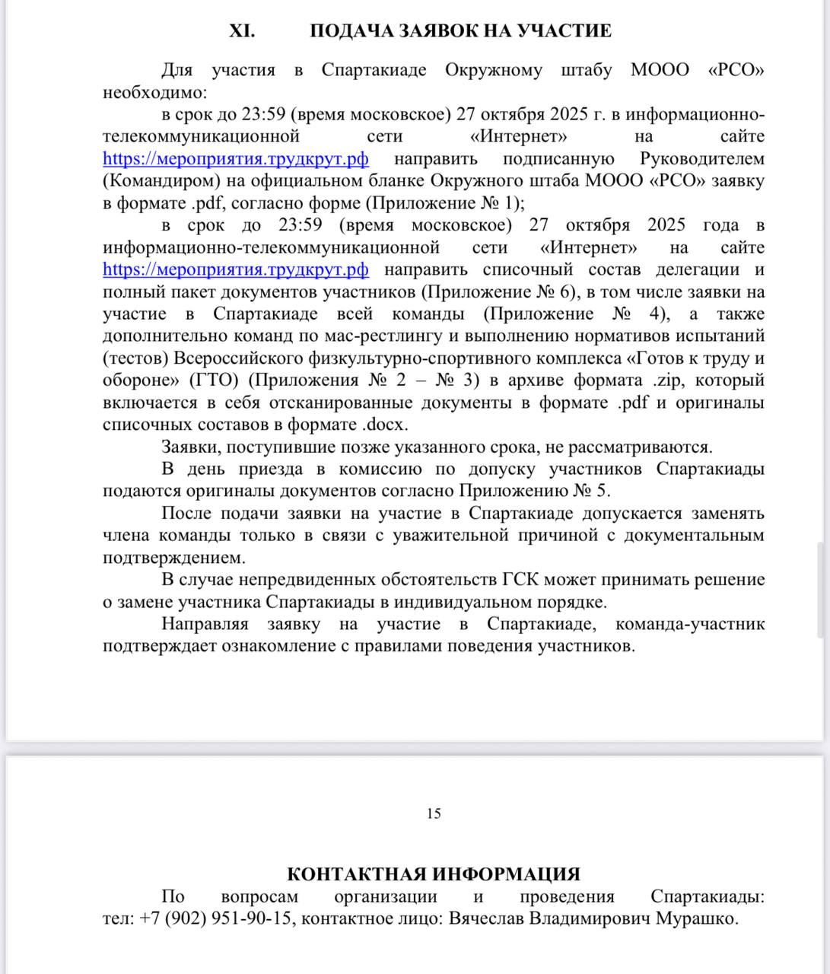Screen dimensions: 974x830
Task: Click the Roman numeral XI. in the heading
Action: [242, 31]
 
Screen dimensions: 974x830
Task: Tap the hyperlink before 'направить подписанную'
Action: [236, 159]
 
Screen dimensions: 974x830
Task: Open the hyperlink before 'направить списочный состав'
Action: [236, 270]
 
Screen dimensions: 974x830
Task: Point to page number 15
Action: [434, 813]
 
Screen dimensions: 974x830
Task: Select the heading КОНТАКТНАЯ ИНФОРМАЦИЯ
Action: [434, 874]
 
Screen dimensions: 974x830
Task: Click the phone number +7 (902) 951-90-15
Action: [215, 918]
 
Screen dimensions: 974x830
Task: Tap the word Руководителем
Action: [702, 159]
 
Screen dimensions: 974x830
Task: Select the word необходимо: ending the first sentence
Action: [154, 93]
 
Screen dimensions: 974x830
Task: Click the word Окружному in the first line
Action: [494, 71]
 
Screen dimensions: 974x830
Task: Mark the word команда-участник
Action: [689, 625]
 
